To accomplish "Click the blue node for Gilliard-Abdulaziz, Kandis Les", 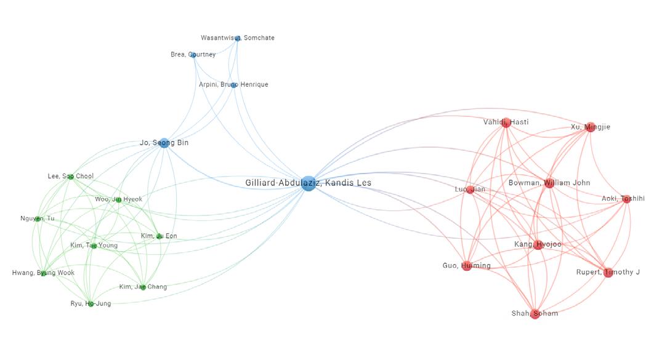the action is click(309, 183).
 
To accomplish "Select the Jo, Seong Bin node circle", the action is click(164, 143).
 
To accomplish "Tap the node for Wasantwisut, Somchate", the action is click(238, 38).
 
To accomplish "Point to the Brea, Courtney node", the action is click(193, 55).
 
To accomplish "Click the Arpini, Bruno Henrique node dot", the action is click(234, 85).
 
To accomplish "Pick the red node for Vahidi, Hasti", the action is click(506, 123).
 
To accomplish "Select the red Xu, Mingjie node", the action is click(591, 127).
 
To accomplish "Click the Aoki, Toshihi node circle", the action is click(626, 199).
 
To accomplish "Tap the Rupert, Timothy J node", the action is click(608, 273).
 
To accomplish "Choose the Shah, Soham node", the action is click(535, 314).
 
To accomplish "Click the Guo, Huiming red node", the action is click(467, 266).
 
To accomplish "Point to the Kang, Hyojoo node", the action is click(538, 245).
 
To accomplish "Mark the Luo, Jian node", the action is click(470, 190).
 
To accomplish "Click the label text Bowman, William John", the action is click(549, 183).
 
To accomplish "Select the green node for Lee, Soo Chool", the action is click(71, 177).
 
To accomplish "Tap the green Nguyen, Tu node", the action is click(38, 219).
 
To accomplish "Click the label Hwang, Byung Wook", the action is click(43, 273).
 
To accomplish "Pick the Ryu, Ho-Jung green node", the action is click(91, 304).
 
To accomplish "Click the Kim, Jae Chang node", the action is click(143, 287).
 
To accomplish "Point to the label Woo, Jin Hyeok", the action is click(118, 199).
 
